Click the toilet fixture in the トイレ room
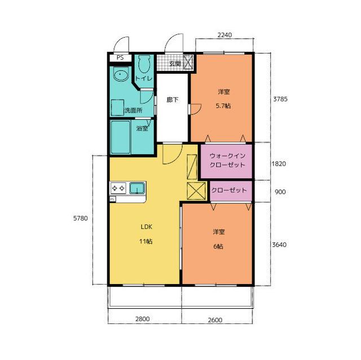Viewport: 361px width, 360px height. point(144,64)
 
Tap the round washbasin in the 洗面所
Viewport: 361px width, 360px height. point(121,74)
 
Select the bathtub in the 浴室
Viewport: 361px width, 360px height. point(120,137)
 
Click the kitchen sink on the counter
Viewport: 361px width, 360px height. point(137,188)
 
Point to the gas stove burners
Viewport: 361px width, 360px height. point(118,188)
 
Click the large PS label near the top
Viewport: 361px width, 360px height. point(120,57)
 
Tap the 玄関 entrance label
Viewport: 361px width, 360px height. point(175,64)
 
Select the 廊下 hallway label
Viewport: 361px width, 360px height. point(173,100)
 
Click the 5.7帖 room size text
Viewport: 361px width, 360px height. point(223,106)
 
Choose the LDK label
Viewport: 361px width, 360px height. point(147,227)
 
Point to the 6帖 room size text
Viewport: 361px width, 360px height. point(218,246)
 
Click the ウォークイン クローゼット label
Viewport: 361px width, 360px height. point(227,161)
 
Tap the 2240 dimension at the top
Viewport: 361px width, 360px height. point(224,35)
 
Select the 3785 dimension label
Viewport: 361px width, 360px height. point(280,99)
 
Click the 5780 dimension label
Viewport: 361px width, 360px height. point(81,218)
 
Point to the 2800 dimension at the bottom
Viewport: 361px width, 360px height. point(142,319)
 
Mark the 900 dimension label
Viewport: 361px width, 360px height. point(280,192)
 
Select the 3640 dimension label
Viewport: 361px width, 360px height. point(279,245)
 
